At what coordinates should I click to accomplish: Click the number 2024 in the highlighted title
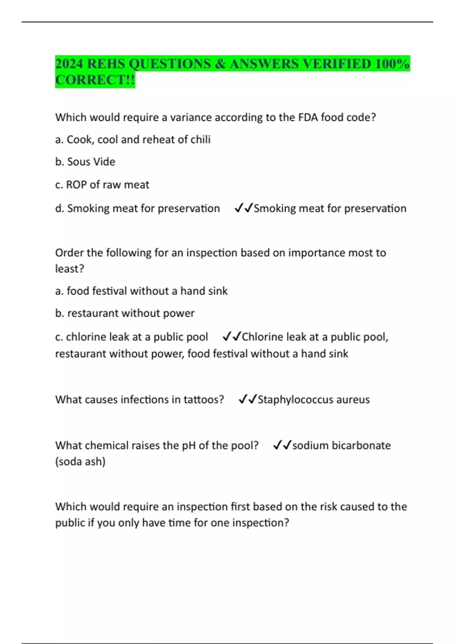[x=69, y=64]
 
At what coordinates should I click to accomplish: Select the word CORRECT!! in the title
[x=95, y=80]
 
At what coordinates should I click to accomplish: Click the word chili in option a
[x=200, y=139]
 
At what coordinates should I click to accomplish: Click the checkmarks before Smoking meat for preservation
[x=243, y=208]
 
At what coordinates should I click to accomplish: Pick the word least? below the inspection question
[x=69, y=269]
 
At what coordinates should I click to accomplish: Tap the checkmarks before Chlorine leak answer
[x=232, y=336]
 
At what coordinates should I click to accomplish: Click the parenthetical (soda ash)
[x=80, y=461]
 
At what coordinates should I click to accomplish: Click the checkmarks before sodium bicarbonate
[x=282, y=445]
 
